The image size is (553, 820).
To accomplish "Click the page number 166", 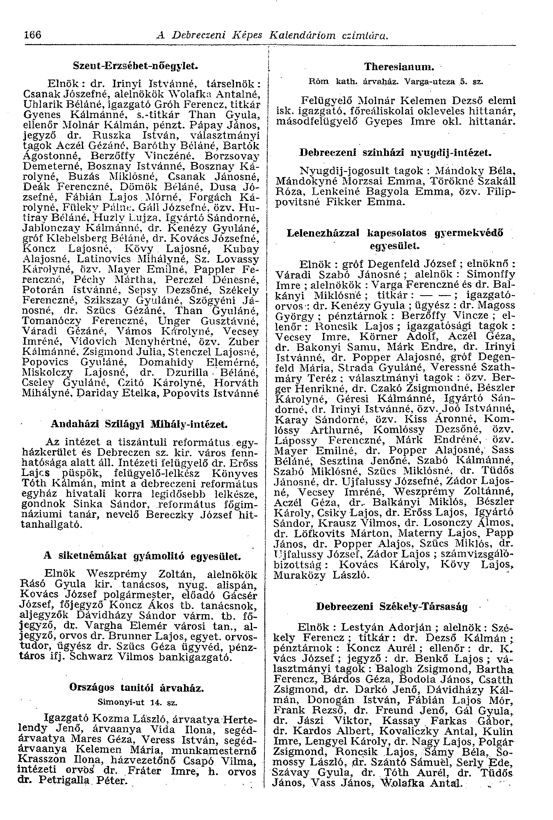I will tap(33, 35).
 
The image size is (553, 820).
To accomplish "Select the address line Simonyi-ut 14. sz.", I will tap(137, 702).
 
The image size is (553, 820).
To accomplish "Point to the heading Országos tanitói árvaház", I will tap(137, 687).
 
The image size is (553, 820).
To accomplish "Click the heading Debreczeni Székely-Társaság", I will tap(392, 606).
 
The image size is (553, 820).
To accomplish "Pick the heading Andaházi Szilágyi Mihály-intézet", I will tap(139, 424).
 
